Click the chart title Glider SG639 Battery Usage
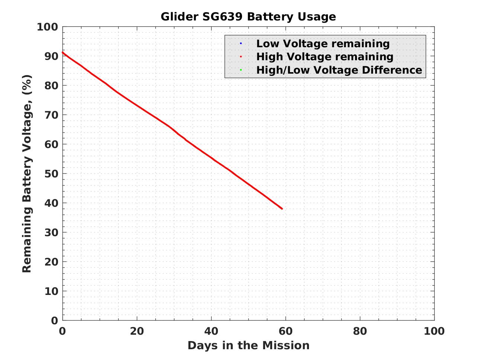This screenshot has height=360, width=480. pyautogui.click(x=248, y=17)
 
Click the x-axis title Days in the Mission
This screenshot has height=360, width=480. pyautogui.click(x=248, y=345)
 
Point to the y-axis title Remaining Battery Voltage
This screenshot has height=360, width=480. pyautogui.click(x=27, y=173)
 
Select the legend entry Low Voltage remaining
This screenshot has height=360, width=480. pyautogui.click(x=323, y=44)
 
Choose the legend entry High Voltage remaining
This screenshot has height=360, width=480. pyautogui.click(x=325, y=57)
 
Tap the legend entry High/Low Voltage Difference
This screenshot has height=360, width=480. pyautogui.click(x=339, y=70)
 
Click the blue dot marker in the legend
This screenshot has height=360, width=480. pyautogui.click(x=241, y=44)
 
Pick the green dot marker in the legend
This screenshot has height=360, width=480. pyautogui.click(x=241, y=70)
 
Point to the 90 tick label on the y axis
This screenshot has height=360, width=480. pyautogui.click(x=51, y=56)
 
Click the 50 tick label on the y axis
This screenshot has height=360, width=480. pyautogui.click(x=51, y=174)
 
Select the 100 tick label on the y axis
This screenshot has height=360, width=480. pyautogui.click(x=48, y=27)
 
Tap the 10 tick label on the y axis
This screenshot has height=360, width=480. pyautogui.click(x=51, y=291)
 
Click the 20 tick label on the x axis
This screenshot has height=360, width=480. pyautogui.click(x=137, y=331)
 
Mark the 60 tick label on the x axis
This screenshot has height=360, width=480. pyautogui.click(x=286, y=331)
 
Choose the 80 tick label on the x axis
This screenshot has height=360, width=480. pyautogui.click(x=360, y=331)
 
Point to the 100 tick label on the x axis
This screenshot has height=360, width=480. pyautogui.click(x=434, y=331)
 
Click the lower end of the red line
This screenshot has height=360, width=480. pyautogui.click(x=282, y=209)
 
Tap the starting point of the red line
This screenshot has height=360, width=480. pyautogui.click(x=63, y=52)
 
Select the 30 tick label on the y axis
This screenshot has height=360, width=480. pyautogui.click(x=51, y=232)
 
